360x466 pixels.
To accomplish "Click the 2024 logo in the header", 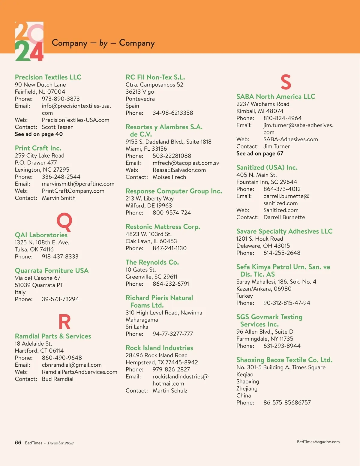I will coord(29,41).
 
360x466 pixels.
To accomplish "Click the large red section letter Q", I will coord(64,221).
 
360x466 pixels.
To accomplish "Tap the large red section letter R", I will coord(64,322).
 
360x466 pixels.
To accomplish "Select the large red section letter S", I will coord(286,82).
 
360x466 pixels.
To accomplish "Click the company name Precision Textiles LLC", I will coord(48,77).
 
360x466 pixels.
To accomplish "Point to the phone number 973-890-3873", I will coord(61,99).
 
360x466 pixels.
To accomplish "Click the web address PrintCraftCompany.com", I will coord(73,191).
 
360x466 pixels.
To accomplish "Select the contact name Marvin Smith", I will coord(58,198).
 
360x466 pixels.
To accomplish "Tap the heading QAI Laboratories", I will coord(41,235).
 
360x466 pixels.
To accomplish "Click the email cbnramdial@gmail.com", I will coord(71,365).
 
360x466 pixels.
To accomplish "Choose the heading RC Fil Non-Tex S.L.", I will coord(155,77).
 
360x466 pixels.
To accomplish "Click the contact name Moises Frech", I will coord(169,177).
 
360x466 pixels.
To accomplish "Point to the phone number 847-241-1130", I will coord(169,248).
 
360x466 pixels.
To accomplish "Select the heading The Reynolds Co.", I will coord(152,262).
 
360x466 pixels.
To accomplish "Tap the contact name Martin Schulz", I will coord(170,391).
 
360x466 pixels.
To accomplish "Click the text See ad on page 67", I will coord(259,154).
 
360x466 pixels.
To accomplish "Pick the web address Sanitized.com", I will coord(281,210).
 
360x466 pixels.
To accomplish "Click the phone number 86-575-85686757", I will coord(287,403).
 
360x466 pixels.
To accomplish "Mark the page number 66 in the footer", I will coord(18,443).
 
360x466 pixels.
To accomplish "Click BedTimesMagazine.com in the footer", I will coord(318,442).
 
